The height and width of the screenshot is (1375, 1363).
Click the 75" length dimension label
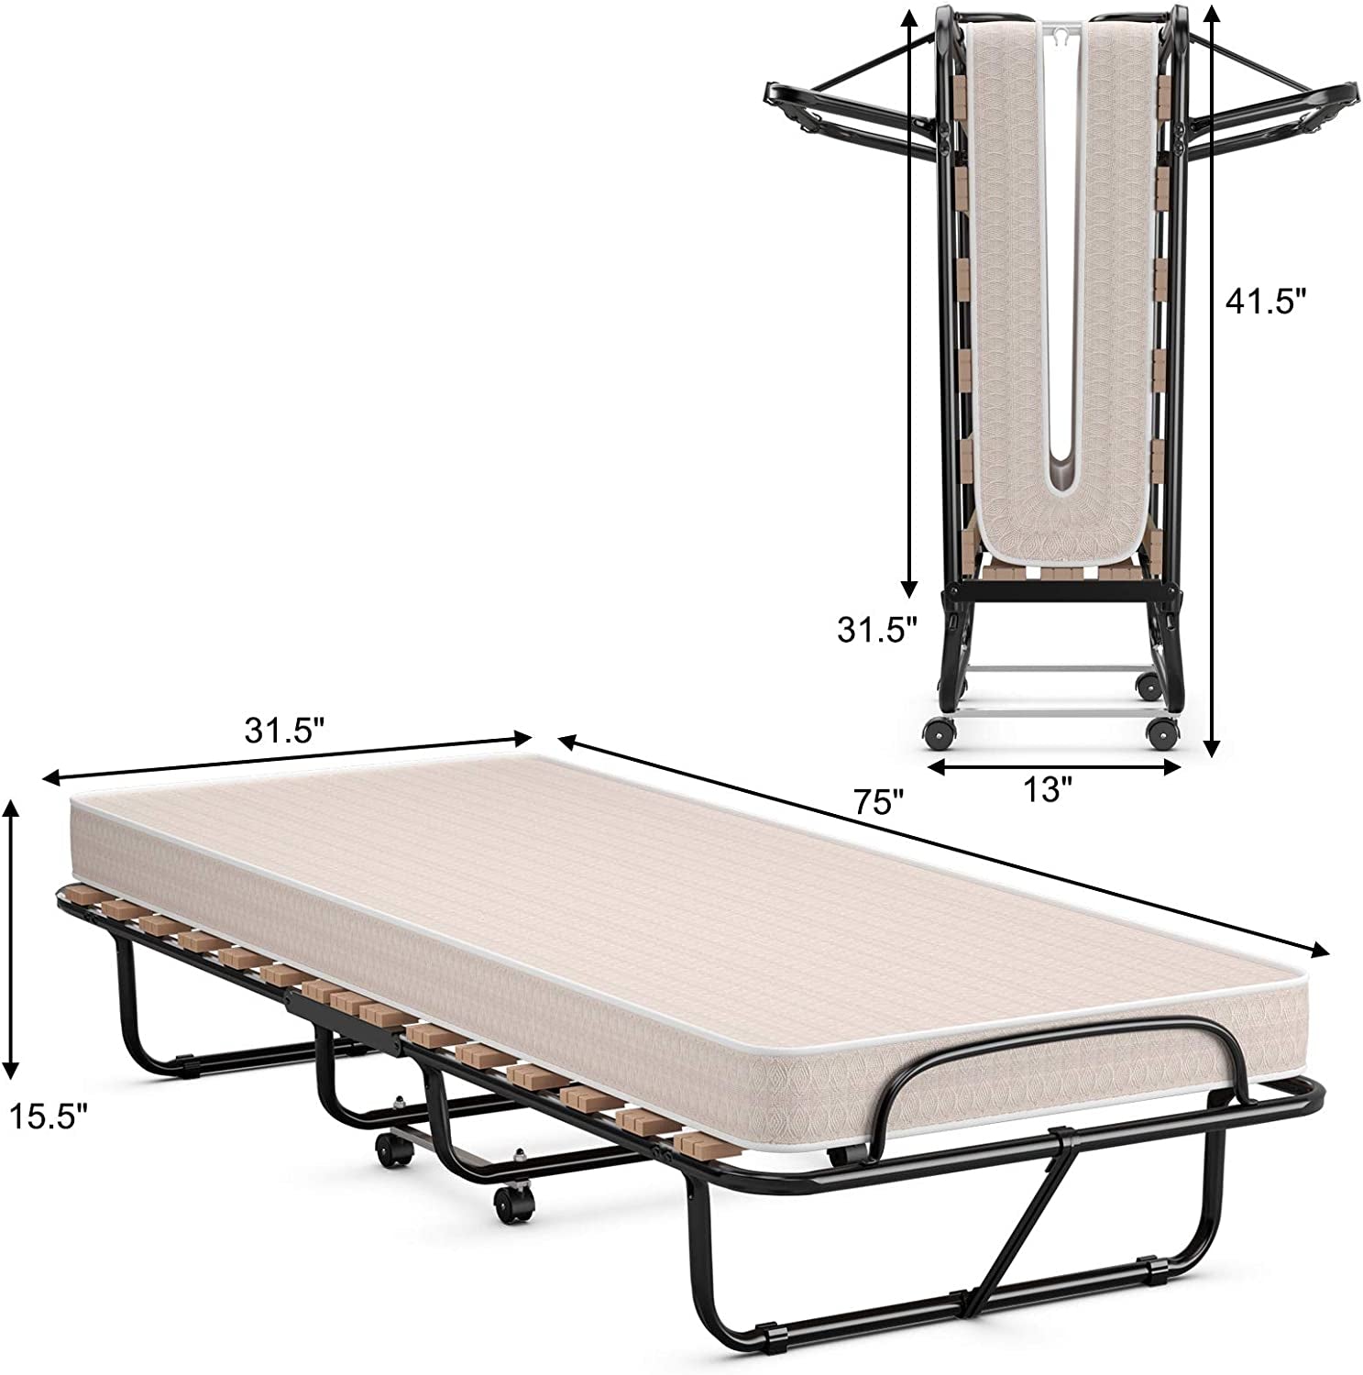pos(879,802)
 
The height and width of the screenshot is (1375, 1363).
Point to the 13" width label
pos(1047,790)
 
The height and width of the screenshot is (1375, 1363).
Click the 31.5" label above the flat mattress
pos(284,731)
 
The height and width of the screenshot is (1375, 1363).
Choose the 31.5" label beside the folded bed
pos(875,630)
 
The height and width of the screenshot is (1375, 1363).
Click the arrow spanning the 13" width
pos(1053,768)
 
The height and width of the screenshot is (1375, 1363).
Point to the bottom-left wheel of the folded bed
pos(937,733)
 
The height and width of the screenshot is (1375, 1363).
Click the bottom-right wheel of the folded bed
pos(1162,733)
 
